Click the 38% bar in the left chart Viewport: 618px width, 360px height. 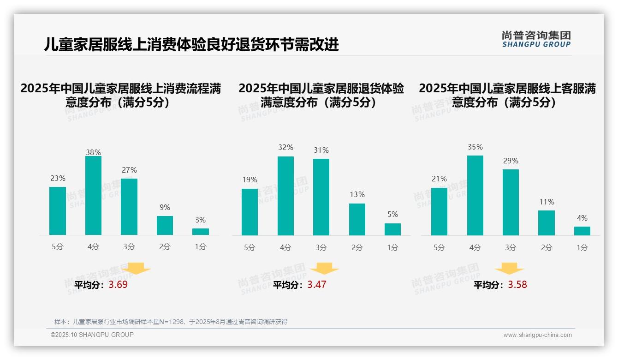(x=93, y=196)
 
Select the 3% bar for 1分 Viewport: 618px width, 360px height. (x=201, y=232)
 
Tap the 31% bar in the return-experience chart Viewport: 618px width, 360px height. (x=321, y=197)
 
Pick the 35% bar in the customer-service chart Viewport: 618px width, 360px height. (x=475, y=195)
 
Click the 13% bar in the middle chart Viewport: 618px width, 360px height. (x=357, y=219)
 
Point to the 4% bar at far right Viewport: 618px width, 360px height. (x=582, y=231)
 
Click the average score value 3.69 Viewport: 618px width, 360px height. (x=118, y=285)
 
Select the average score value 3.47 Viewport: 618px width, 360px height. (x=317, y=285)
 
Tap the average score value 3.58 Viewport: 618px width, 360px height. (x=517, y=285)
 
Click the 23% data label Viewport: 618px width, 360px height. (x=58, y=179)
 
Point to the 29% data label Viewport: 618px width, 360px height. (x=511, y=161)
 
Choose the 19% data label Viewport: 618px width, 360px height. (x=250, y=180)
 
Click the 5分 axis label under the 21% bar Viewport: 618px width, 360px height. (x=439, y=248)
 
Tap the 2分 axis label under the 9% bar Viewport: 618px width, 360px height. (x=165, y=247)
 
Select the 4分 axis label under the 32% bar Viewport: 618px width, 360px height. (x=285, y=248)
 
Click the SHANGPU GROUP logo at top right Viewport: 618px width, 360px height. (x=536, y=39)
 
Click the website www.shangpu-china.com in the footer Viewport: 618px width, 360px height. (x=537, y=335)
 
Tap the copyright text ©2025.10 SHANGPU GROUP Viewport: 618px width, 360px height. (x=92, y=335)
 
